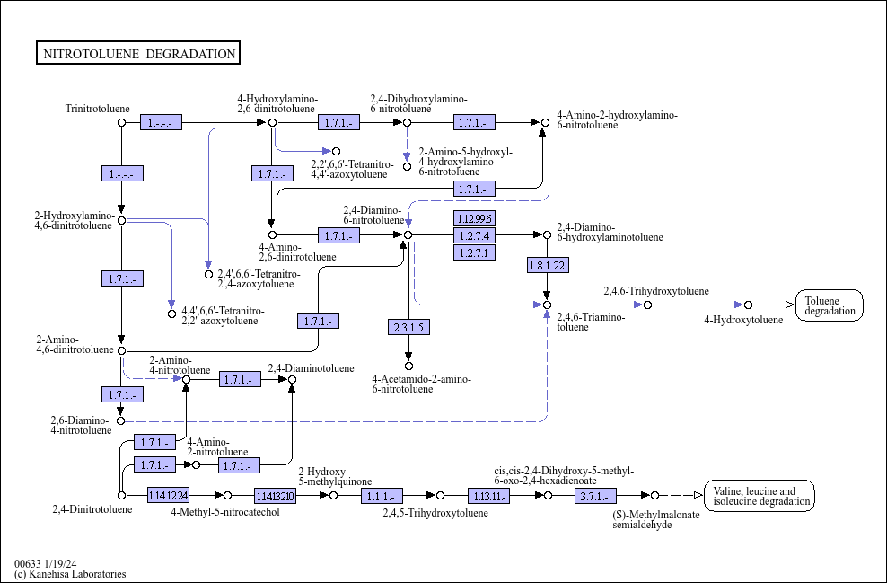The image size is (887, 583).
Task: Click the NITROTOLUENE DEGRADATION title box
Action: [138, 53]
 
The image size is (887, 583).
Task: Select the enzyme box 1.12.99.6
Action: [474, 218]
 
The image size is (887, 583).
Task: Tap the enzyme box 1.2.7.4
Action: [474, 234]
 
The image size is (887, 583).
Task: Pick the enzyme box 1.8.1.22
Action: [548, 265]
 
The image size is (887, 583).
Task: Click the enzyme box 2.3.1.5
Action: [408, 327]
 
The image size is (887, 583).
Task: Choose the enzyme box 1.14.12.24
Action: [168, 495]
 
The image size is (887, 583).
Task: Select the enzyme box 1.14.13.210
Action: [275, 496]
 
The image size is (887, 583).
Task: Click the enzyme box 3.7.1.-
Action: [595, 496]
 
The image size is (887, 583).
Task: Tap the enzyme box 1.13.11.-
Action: [488, 496]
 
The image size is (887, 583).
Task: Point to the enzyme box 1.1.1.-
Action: [382, 496]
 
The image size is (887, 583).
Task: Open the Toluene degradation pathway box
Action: [830, 305]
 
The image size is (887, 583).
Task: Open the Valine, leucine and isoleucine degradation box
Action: [760, 496]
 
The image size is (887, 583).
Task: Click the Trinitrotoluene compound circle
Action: [121, 122]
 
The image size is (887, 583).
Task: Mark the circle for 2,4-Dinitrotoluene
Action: [121, 495]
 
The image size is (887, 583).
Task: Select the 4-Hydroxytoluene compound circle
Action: [749, 305]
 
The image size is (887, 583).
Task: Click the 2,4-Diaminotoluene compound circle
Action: [292, 379]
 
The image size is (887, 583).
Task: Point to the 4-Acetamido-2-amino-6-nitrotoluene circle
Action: [408, 367]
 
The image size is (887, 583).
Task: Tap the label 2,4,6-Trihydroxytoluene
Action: [656, 291]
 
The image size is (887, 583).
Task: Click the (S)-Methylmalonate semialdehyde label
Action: [656, 519]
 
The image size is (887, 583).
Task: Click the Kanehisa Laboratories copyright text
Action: [70, 574]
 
